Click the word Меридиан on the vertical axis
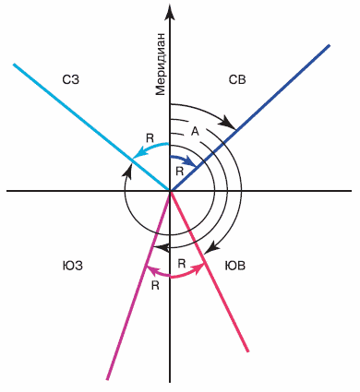click(x=161, y=65)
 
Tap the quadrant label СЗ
click(x=71, y=80)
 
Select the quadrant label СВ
click(x=237, y=80)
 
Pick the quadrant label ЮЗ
click(x=72, y=266)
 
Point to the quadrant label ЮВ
click(x=235, y=266)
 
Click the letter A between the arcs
click(x=195, y=132)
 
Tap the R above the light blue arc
click(x=150, y=138)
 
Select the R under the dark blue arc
click(x=180, y=171)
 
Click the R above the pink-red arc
click(x=182, y=264)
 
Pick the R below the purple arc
click(x=155, y=286)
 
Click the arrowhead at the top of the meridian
click(x=170, y=13)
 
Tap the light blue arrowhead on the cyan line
click(x=139, y=153)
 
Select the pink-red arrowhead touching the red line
click(x=199, y=267)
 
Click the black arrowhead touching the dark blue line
click(x=228, y=123)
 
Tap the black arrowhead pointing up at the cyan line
click(x=128, y=170)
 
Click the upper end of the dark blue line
click(x=330, y=45)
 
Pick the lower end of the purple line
click(x=107, y=379)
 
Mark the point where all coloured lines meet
click(x=170, y=191)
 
